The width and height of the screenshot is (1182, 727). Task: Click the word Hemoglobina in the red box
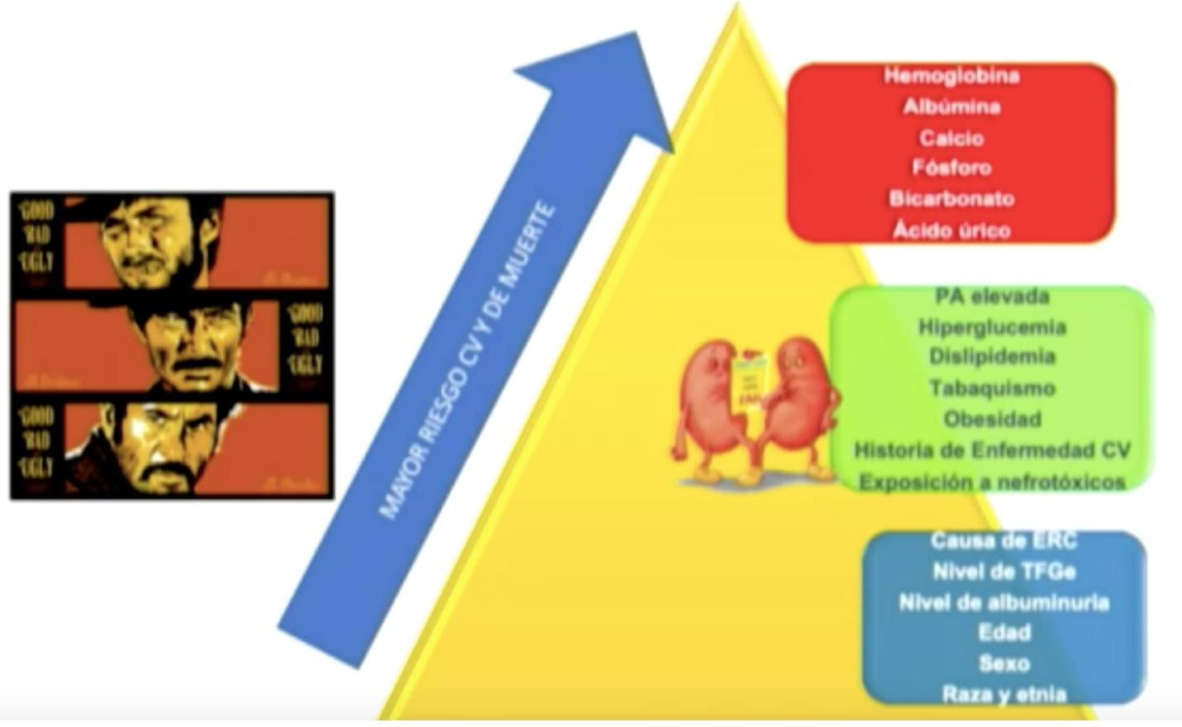[952, 76]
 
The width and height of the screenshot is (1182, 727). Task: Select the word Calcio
[952, 138]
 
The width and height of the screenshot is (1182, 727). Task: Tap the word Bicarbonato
[952, 199]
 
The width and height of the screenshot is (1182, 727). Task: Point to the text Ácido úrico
[952, 230]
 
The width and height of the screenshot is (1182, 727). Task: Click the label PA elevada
[992, 296]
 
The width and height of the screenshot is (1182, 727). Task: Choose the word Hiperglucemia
[992, 327]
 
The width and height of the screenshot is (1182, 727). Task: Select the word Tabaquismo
[992, 387]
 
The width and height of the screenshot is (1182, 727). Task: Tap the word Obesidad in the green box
[992, 419]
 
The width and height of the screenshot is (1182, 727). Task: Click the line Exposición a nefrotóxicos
[992, 482]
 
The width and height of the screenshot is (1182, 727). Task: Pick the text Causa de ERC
[1004, 540]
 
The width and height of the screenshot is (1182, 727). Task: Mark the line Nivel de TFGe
[1004, 572]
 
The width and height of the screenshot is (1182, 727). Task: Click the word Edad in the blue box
[1004, 633]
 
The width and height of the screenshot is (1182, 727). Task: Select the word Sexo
[1004, 663]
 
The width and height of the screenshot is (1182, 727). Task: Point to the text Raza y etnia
[1004, 694]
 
